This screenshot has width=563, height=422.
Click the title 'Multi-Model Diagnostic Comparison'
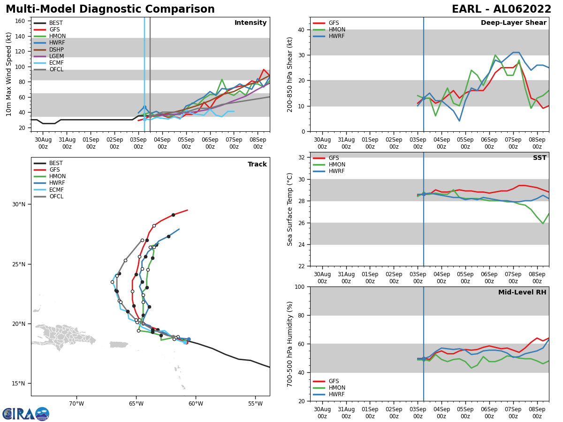(110, 9)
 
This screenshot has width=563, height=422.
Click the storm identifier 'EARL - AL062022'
(501, 9)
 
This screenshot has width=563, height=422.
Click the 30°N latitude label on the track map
(19, 204)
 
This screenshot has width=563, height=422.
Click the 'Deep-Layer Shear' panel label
(513, 23)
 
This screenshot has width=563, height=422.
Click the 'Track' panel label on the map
(257, 165)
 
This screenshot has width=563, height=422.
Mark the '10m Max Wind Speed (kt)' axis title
(9, 74)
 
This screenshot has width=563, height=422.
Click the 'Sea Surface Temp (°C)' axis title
(290, 209)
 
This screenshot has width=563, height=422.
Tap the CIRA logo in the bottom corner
(26, 414)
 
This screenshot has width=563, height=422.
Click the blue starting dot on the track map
(189, 339)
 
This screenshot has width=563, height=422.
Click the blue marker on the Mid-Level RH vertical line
(424, 359)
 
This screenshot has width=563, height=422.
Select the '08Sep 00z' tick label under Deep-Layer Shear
(537, 143)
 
